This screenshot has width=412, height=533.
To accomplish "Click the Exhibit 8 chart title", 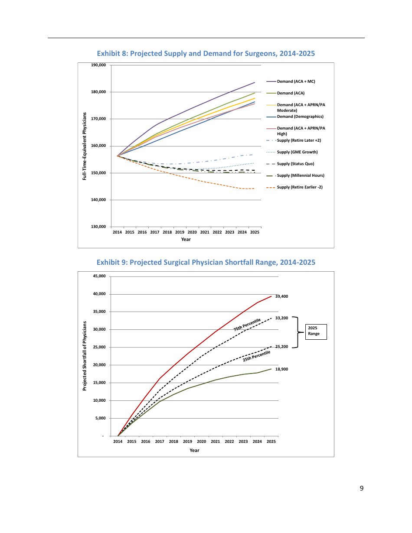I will [x=206, y=54].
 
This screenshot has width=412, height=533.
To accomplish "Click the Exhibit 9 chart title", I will [x=206, y=263].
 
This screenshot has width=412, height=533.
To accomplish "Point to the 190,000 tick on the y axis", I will [x=99, y=65].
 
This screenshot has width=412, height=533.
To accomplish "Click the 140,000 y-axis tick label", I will [x=99, y=200].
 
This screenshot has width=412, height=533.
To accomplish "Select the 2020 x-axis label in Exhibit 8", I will [x=192, y=233].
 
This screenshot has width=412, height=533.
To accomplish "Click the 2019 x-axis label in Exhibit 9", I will [x=187, y=442].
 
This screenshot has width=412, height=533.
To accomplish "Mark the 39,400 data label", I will [x=281, y=296].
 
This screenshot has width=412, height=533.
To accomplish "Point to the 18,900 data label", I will [x=281, y=369].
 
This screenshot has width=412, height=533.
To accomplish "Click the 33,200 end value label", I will [x=281, y=318].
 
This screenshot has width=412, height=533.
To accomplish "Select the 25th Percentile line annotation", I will [x=256, y=356].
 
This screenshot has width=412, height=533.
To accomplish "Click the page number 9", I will [x=361, y=488].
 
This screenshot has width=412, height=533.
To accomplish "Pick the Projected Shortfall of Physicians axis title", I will [x=85, y=356].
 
